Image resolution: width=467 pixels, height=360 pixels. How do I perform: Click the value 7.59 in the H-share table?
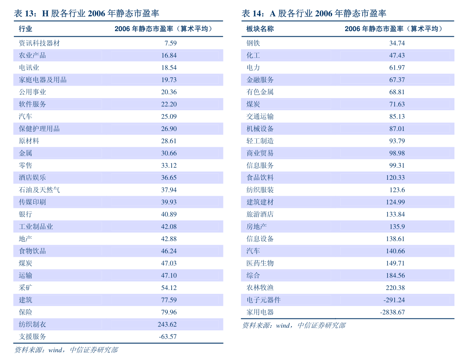(171, 43)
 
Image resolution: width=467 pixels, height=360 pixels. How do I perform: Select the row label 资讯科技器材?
(39, 43)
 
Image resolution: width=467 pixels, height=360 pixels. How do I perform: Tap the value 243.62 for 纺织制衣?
(167, 324)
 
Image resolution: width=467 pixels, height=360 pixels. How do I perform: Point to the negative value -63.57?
(168, 337)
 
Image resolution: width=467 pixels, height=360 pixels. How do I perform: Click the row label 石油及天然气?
(39, 190)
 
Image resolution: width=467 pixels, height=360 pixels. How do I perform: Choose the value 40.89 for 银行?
(169, 214)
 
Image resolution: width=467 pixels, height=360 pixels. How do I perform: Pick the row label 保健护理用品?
(39, 129)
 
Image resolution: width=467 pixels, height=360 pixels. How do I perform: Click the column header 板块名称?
(260, 29)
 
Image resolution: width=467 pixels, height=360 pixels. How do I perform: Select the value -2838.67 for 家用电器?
(393, 312)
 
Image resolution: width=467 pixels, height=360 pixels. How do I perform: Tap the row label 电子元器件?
(264, 300)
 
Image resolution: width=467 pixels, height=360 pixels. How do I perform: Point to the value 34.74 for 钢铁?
(397, 43)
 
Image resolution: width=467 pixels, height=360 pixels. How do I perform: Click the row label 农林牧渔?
(260, 288)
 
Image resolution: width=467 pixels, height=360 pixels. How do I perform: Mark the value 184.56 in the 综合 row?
(396, 275)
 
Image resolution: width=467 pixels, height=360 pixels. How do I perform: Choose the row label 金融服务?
(260, 80)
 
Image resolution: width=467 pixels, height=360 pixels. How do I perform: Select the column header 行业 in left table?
(26, 29)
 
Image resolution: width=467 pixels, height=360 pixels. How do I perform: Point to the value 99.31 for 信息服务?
(397, 165)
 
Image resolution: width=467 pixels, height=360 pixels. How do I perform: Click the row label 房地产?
(257, 226)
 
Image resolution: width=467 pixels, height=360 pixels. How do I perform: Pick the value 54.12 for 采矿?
(169, 288)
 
